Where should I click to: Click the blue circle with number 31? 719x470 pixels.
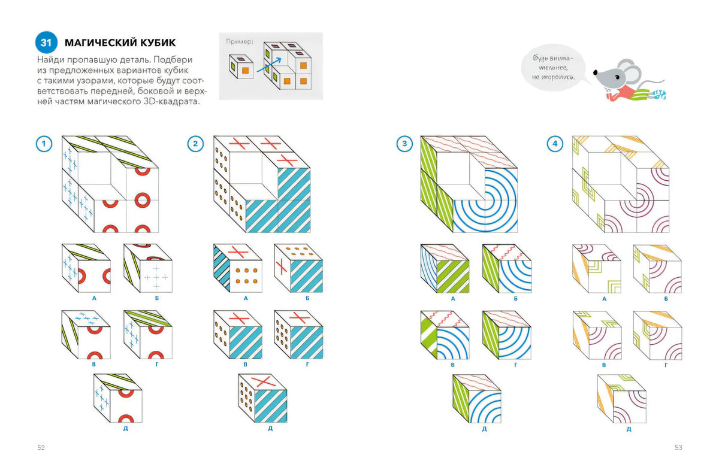[46, 43]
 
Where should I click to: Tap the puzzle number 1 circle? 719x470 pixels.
[44, 144]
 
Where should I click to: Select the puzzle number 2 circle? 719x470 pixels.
[195, 144]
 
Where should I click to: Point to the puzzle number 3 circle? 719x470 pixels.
[405, 144]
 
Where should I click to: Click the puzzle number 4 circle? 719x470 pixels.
[555, 144]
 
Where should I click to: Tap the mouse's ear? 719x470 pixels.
[630, 71]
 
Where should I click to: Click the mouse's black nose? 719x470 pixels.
[595, 72]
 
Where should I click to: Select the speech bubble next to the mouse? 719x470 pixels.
[554, 68]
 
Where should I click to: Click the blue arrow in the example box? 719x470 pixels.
[269, 65]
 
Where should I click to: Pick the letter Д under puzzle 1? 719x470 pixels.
[125, 428]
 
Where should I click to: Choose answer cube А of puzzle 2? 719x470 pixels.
[238, 268]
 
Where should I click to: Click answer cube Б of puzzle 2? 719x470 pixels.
[298, 268]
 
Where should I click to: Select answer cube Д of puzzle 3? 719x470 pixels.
[477, 399]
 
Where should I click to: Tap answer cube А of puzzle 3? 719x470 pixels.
[445, 268]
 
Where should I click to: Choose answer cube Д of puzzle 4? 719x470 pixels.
[622, 399]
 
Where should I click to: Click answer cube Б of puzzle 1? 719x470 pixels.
[148, 268]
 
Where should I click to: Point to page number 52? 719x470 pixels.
[41, 447]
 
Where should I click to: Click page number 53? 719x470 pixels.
[678, 447]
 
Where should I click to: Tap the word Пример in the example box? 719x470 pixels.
[240, 41]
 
